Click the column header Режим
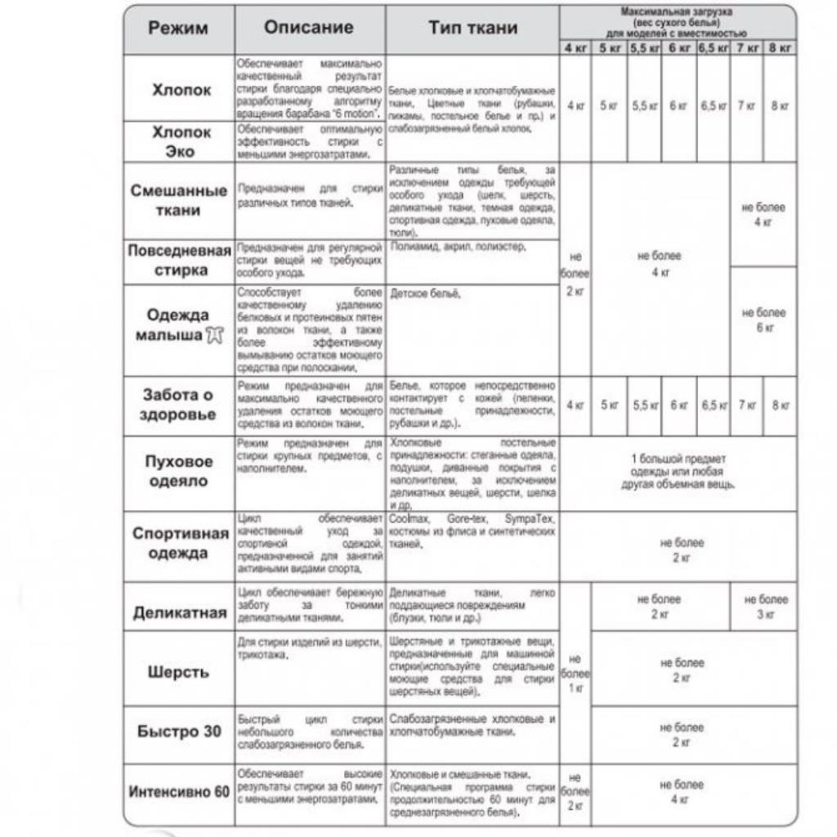[x=178, y=29]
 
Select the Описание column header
[x=309, y=27]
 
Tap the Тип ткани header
[x=472, y=28]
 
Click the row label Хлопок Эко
[x=181, y=141]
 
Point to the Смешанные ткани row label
[x=179, y=200]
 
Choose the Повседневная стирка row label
[x=179, y=261]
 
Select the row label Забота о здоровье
[x=179, y=405]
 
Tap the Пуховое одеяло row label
[x=179, y=471]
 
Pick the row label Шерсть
[x=179, y=672]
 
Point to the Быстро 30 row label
[x=179, y=732]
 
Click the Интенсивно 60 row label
[x=179, y=792]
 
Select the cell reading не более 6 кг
[x=763, y=320]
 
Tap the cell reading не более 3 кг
[x=766, y=606]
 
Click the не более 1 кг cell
[x=575, y=674]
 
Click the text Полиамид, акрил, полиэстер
[x=459, y=246]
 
